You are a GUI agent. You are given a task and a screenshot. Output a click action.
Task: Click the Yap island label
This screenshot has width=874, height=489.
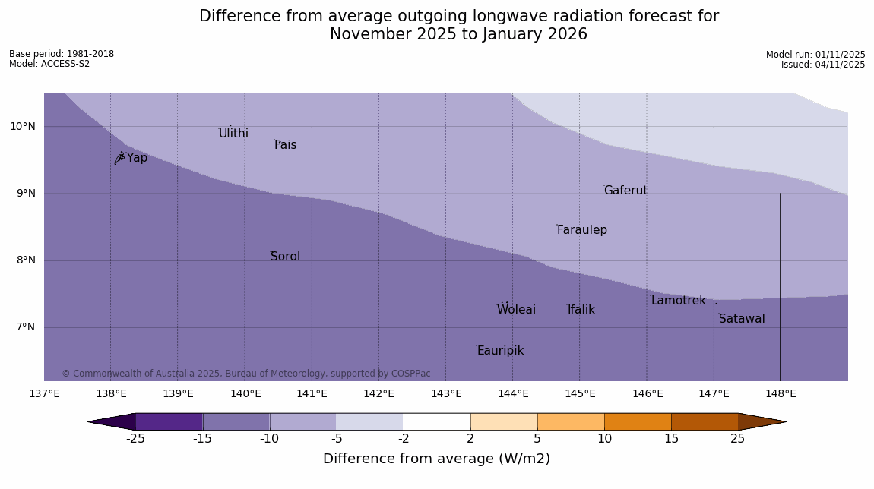point(137,158)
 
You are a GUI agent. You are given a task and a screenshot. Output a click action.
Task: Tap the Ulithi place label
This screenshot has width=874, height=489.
point(233,134)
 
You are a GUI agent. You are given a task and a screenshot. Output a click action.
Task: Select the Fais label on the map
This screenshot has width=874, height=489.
point(286,145)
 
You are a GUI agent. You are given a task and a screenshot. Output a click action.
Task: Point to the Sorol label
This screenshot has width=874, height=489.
point(285,257)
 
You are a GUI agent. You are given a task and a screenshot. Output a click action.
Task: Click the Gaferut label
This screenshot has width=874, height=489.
point(625,191)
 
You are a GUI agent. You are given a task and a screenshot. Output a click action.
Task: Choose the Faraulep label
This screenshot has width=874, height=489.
point(581,230)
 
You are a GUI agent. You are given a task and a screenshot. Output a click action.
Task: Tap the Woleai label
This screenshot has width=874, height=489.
point(516,310)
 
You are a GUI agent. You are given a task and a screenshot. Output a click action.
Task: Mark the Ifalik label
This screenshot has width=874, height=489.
point(581,310)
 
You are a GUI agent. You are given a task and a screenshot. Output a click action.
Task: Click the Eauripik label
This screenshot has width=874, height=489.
point(500,351)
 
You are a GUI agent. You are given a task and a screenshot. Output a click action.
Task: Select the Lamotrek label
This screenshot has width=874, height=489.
point(678,301)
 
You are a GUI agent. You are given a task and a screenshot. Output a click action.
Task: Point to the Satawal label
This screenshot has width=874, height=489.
point(742,319)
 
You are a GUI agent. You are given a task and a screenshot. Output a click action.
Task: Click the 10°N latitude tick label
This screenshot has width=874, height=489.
point(23,126)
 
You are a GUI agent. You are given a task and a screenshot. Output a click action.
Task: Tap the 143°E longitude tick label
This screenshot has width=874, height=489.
point(446,393)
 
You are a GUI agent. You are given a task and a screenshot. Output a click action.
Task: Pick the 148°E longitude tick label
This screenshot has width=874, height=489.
point(781,393)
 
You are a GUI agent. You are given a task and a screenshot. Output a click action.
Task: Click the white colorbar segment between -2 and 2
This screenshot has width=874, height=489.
point(437,421)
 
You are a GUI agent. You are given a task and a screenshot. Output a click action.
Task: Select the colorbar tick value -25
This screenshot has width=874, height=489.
point(135,439)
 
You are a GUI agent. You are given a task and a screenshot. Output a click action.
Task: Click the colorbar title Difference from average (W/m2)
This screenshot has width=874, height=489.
point(436,459)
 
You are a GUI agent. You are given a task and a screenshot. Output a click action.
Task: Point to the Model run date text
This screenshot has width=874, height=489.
point(815,55)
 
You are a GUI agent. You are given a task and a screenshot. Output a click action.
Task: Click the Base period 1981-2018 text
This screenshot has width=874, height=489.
point(62,54)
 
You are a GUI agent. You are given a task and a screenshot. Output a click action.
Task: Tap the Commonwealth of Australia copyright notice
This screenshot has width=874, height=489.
point(245,374)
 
